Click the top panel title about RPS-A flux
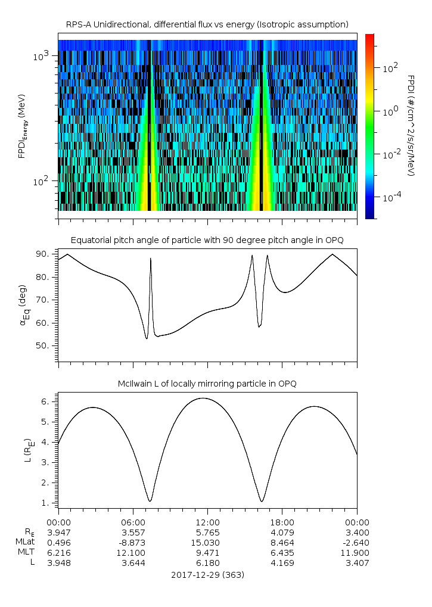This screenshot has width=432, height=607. click(207, 24)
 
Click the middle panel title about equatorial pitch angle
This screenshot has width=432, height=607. click(207, 240)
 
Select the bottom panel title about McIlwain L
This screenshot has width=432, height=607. click(207, 384)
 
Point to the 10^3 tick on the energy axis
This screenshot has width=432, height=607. click(43, 56)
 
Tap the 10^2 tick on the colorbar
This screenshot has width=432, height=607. click(390, 68)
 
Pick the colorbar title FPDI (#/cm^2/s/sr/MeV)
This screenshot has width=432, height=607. click(411, 125)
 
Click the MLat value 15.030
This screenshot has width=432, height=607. click(207, 542)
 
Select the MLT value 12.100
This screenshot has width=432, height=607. click(133, 552)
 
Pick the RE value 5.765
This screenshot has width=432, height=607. click(207, 533)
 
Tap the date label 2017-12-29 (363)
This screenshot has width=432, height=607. click(207, 575)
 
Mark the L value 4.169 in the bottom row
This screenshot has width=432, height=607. click(282, 562)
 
